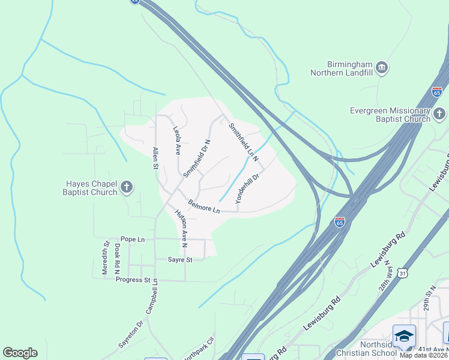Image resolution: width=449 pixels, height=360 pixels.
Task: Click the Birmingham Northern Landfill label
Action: [x=342, y=68]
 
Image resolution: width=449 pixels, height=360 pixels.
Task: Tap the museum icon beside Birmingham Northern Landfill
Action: [x=382, y=66]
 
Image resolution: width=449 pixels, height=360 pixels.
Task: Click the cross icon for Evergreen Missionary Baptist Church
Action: [x=439, y=113]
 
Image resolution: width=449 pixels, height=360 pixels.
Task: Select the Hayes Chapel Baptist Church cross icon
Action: [x=126, y=187]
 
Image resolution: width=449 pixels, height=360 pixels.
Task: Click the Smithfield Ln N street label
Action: [x=243, y=142]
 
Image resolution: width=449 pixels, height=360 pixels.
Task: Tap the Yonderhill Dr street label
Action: [x=247, y=189]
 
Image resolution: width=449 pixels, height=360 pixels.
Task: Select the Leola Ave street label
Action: [x=177, y=141]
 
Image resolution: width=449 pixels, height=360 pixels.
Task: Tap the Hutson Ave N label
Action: [x=181, y=228]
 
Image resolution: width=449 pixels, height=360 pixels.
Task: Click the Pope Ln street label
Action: [x=133, y=239]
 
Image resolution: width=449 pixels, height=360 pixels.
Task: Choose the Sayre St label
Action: [x=179, y=260]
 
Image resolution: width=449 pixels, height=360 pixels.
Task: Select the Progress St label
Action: [x=133, y=280]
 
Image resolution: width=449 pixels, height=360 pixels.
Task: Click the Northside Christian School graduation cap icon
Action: [x=404, y=335]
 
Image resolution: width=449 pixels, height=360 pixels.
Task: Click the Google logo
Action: [x=20, y=353]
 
